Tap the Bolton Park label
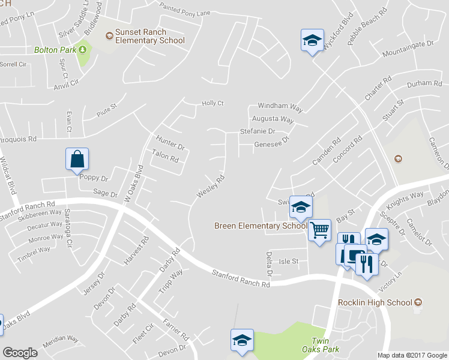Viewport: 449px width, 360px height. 55,50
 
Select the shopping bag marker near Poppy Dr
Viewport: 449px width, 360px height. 77,160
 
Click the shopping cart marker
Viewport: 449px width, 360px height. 320,229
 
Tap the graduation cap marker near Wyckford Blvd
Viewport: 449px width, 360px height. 312,40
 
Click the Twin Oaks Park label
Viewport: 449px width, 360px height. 325,344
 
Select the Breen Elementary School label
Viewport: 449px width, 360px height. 261,226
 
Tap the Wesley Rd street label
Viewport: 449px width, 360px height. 211,187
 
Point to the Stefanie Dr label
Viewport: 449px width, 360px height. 257,131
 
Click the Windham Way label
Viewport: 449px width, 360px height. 280,106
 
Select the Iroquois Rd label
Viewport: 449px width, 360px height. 19,139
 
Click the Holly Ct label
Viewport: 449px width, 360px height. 212,103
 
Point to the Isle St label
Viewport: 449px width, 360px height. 289,262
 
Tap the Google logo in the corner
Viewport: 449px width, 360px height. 20,353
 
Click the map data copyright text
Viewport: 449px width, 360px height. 411,355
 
